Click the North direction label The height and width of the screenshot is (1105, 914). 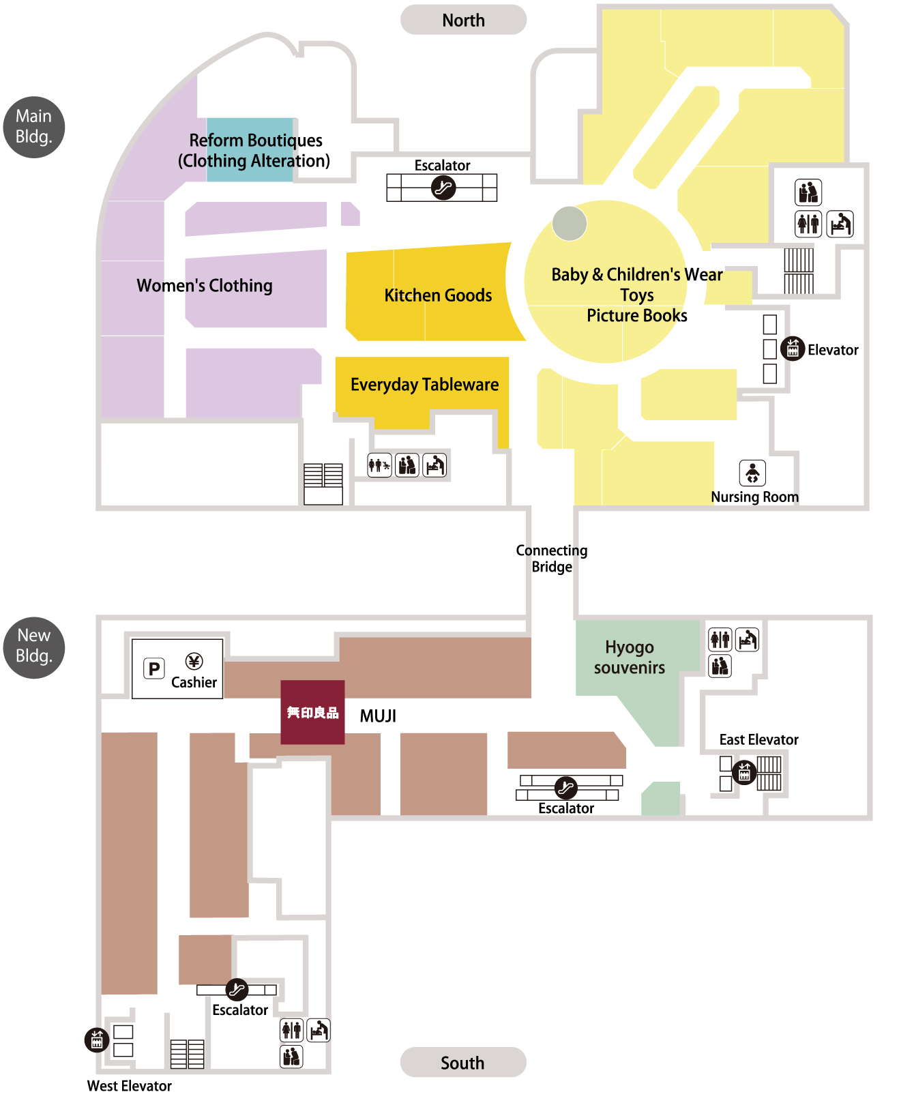pos(463,20)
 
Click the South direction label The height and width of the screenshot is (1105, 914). pos(462,1062)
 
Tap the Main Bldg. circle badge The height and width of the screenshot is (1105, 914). pos(34,127)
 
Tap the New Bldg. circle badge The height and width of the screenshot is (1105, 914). pos(34,647)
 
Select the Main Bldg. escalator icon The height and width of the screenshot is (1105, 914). pos(443,187)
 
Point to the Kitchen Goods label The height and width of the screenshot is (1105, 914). pos(438,295)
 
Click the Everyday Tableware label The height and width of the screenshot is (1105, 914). pos(424,385)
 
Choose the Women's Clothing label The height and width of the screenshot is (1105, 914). pos(205,286)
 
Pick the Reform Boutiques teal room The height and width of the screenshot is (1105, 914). pos(250,150)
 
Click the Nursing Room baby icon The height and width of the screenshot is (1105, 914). pos(752,473)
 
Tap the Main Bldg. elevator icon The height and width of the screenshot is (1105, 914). pos(792,349)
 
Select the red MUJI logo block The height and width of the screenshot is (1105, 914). pos(312,712)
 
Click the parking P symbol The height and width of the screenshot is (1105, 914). pos(154,668)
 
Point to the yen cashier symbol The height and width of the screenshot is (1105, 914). pos(194,661)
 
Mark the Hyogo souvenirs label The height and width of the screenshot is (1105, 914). pos(629,657)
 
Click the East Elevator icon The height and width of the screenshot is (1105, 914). pos(744,772)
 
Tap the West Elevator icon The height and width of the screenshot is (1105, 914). pos(96,1039)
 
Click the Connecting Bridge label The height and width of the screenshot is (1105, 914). pos(551,558)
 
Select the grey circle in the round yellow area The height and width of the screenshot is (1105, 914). pos(570,224)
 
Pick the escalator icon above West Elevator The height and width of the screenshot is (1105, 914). pos(237,989)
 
